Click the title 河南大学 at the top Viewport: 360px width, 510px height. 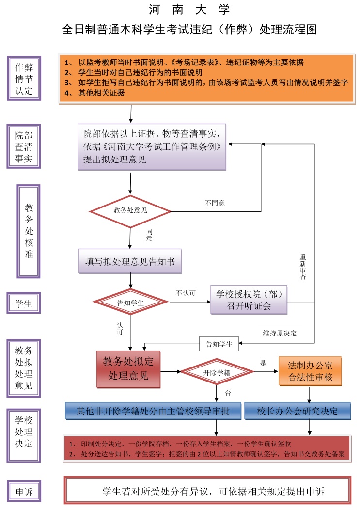(x=189, y=9)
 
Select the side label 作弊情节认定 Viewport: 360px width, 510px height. (x=24, y=78)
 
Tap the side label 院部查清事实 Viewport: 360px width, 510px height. (x=24, y=146)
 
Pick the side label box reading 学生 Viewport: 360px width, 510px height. (x=24, y=304)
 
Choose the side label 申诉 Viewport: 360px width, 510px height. (x=24, y=492)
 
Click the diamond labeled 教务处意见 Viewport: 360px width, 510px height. (x=130, y=210)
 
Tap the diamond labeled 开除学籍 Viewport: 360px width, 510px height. (x=217, y=372)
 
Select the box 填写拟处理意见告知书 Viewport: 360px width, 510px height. (x=130, y=262)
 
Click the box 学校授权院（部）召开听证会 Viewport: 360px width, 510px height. (x=249, y=300)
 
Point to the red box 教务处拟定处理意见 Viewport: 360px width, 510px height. (x=128, y=369)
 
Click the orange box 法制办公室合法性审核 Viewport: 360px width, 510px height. (x=310, y=371)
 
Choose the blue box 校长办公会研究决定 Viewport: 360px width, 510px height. (x=297, y=411)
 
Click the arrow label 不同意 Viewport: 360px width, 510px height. (x=215, y=203)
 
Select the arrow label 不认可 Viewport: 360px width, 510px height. (x=186, y=293)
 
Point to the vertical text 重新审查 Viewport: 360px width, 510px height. (x=303, y=267)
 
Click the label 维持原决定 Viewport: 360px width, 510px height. (x=280, y=333)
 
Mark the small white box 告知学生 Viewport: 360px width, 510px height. (x=219, y=344)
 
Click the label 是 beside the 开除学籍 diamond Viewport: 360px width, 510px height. (x=264, y=363)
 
